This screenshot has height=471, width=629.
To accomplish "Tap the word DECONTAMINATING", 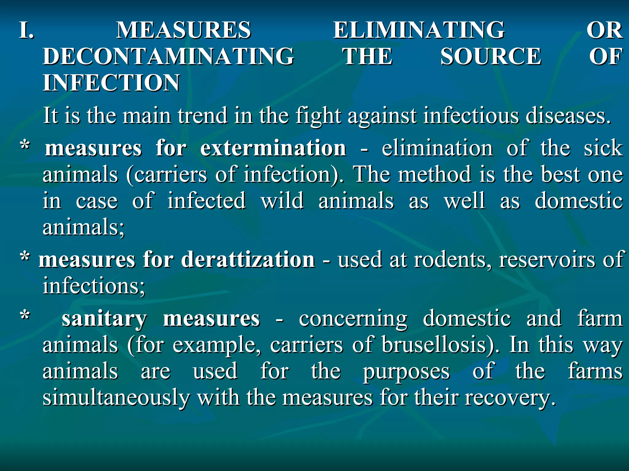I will pyautogui.click(x=168, y=56).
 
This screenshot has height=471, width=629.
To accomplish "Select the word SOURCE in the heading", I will pyautogui.click(x=490, y=56).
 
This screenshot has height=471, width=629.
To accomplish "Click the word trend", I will pyautogui.click(x=203, y=116).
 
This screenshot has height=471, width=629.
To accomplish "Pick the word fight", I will pyautogui.click(x=318, y=116).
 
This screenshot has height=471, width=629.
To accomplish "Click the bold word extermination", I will pyautogui.click(x=273, y=148).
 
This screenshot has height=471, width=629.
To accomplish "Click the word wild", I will pyautogui.click(x=282, y=201).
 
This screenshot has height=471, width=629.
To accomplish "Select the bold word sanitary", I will pyautogui.click(x=104, y=319).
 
